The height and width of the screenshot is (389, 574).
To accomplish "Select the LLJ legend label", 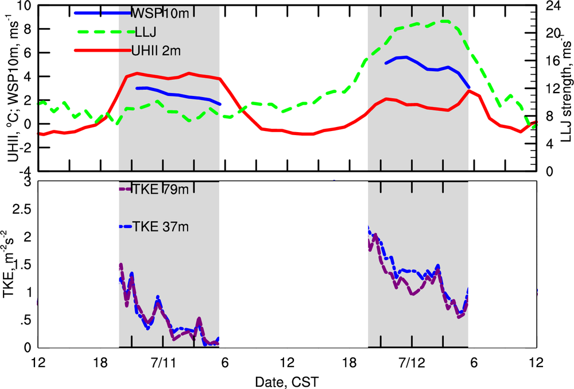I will point(145,32).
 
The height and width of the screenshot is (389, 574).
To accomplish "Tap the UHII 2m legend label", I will point(156,51).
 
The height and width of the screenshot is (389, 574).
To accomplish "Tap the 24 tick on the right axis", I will point(549,7).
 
